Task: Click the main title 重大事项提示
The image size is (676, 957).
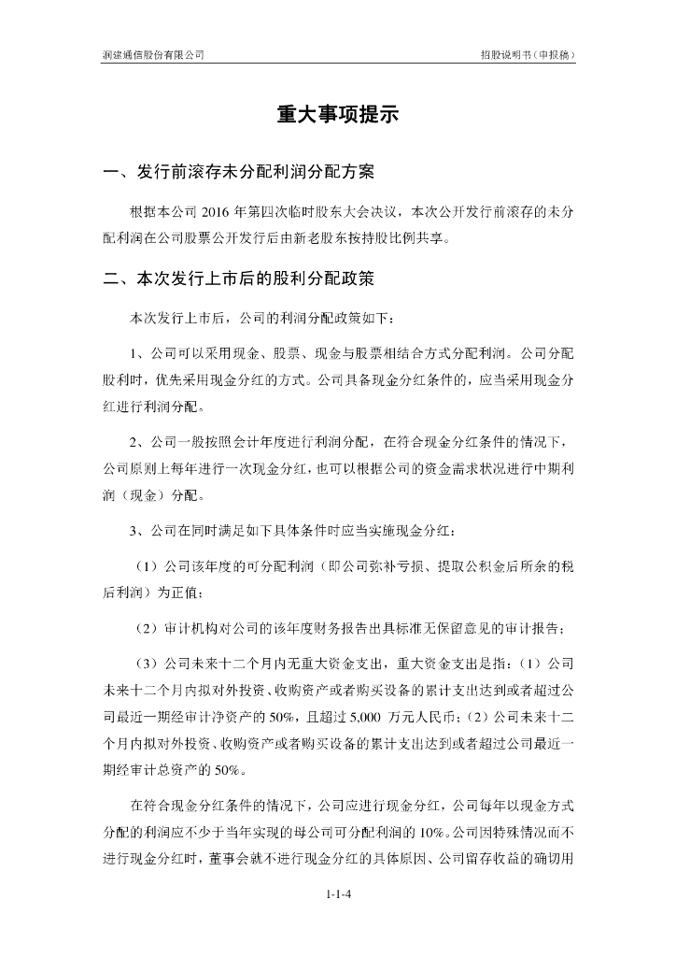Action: point(337,115)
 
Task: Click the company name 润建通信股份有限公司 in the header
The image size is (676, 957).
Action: point(153,55)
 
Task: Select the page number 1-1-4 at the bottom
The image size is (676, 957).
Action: point(338,895)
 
